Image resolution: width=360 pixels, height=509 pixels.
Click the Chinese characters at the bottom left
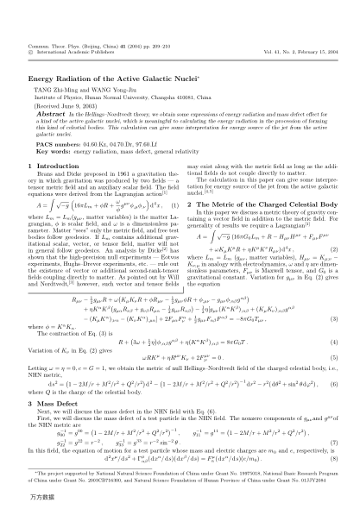21,498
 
